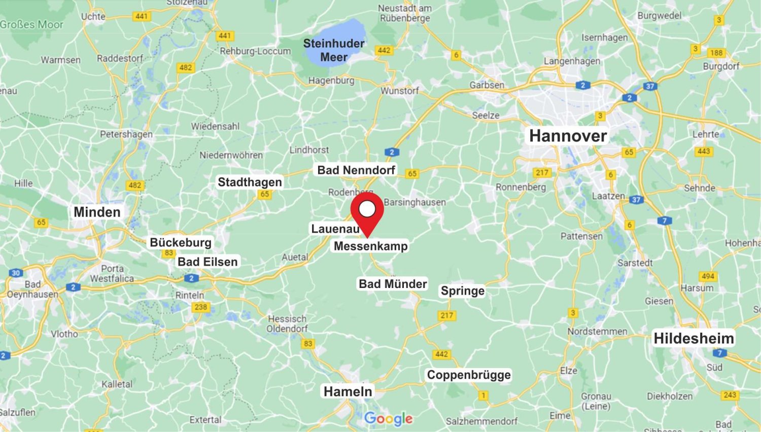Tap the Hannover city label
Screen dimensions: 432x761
568,136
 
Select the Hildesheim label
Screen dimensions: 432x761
693,338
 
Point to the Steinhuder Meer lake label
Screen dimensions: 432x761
334,50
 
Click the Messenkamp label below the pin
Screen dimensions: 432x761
370,246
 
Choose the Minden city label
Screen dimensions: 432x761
97,212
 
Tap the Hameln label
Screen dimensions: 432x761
348,391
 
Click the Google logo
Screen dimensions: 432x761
388,419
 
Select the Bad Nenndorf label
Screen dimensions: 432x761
356,170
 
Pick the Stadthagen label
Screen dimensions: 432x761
250,182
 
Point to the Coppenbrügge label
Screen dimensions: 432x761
469,375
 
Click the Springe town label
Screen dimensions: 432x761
462,291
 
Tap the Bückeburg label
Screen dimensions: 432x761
181,242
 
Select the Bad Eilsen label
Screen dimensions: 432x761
207,262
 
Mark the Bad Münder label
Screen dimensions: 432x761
393,284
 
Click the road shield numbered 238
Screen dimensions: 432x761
201,307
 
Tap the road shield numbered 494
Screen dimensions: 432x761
708,276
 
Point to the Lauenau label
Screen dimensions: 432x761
335,229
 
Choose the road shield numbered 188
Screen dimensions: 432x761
716,53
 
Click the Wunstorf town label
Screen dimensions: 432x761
400,91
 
